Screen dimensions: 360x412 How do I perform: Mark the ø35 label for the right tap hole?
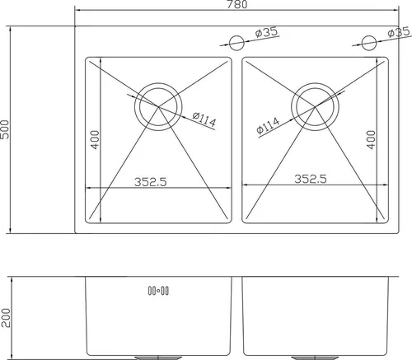point(400,33)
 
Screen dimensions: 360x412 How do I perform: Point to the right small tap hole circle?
point(370,41)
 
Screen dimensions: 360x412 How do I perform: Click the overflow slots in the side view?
point(157,289)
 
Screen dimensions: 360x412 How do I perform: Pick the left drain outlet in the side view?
point(158,357)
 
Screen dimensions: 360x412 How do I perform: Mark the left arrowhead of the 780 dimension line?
point(78,12)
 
